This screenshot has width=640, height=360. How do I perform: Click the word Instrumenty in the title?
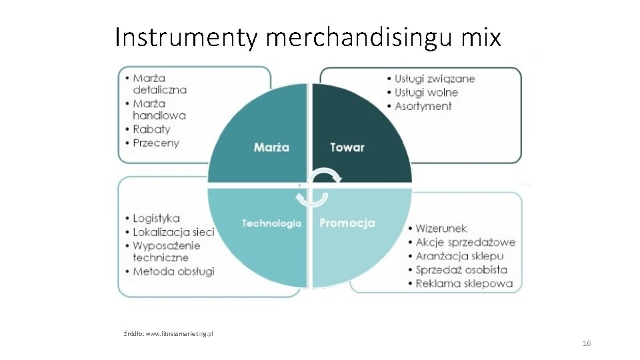click(x=185, y=38)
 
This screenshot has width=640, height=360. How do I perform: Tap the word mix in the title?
click(x=481, y=37)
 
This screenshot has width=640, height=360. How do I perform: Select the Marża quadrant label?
click(x=271, y=147)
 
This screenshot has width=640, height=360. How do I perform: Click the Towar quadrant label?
click(x=347, y=147)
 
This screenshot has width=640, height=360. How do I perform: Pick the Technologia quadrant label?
click(x=271, y=223)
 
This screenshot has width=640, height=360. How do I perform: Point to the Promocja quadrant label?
click(x=347, y=223)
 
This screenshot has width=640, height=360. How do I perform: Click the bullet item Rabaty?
click(x=151, y=129)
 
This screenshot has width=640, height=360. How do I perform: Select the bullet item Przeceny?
click(x=155, y=143)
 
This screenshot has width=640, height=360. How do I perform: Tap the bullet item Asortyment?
click(x=423, y=106)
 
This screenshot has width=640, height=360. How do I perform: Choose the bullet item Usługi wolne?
click(x=426, y=93)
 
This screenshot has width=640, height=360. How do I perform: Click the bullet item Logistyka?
click(x=156, y=219)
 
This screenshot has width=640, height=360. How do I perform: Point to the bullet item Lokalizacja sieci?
click(x=173, y=232)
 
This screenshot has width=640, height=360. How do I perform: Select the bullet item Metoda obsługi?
click(x=173, y=271)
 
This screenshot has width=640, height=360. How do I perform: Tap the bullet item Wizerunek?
click(x=441, y=229)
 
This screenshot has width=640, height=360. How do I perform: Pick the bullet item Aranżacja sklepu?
click(x=459, y=256)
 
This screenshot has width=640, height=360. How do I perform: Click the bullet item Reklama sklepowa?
click(x=464, y=283)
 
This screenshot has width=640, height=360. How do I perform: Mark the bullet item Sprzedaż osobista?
click(x=461, y=270)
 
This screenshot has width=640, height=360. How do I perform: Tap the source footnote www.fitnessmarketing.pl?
click(x=168, y=333)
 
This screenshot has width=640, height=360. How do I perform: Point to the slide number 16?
click(x=587, y=343)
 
